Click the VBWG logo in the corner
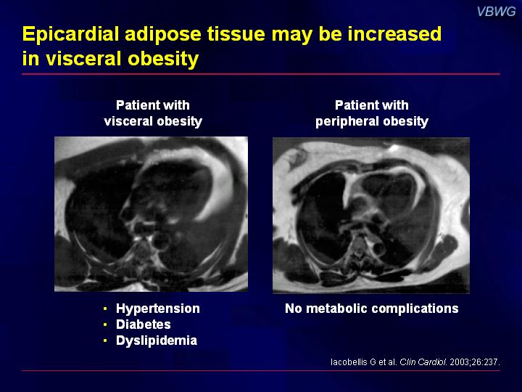pos(496,12)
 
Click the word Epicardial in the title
pos(70,34)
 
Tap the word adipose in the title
pos(163,35)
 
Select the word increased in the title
pos(394,33)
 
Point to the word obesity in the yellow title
pos(163,59)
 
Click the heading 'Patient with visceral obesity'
pos(153,113)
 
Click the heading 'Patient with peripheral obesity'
pos(371,113)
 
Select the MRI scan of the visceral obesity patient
pos(151,214)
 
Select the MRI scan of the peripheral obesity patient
pos(371,216)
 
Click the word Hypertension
pos(158,309)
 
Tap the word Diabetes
pos(143,324)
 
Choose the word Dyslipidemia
pos(157,340)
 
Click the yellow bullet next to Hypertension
pos(105,309)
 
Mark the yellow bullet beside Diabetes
pos(105,324)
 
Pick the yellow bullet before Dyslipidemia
pos(105,340)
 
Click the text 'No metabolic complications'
pos(371,309)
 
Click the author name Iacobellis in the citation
pos(349,362)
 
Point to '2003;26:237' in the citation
pos(473,362)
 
